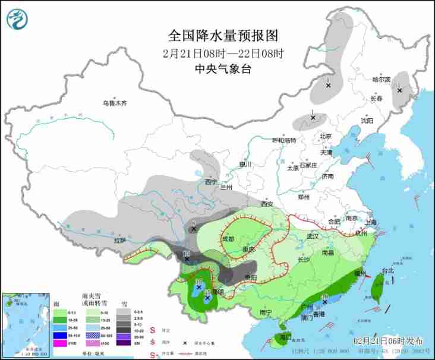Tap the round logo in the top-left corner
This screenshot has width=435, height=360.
tap(17, 19)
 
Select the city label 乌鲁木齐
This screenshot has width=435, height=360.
tap(115, 103)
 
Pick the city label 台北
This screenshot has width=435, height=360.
tap(387, 271)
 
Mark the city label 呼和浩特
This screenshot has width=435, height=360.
tap(284, 140)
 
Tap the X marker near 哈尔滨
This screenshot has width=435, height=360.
tap(399, 90)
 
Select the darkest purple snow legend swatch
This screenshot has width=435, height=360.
tap(123, 343)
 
